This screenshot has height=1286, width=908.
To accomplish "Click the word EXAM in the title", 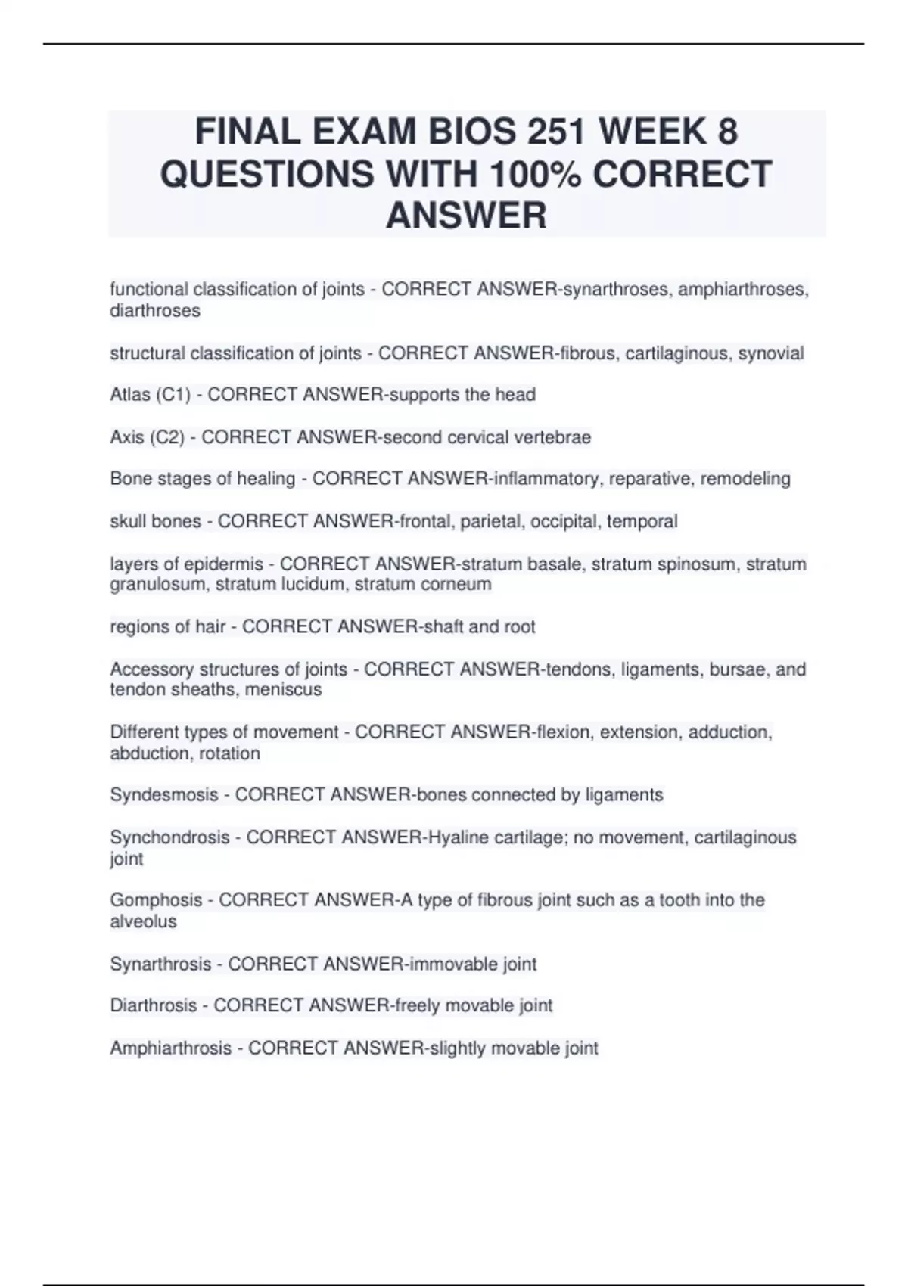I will click(362, 132).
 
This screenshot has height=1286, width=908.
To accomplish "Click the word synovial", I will click(770, 353).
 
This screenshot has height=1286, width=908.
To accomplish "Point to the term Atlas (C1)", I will click(150, 395).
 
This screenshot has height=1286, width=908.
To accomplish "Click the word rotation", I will click(229, 753).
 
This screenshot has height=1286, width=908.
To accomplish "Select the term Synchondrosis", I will click(169, 837).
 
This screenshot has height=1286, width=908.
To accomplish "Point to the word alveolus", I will click(143, 921).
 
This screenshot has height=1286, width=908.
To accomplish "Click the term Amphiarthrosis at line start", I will click(170, 1048).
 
